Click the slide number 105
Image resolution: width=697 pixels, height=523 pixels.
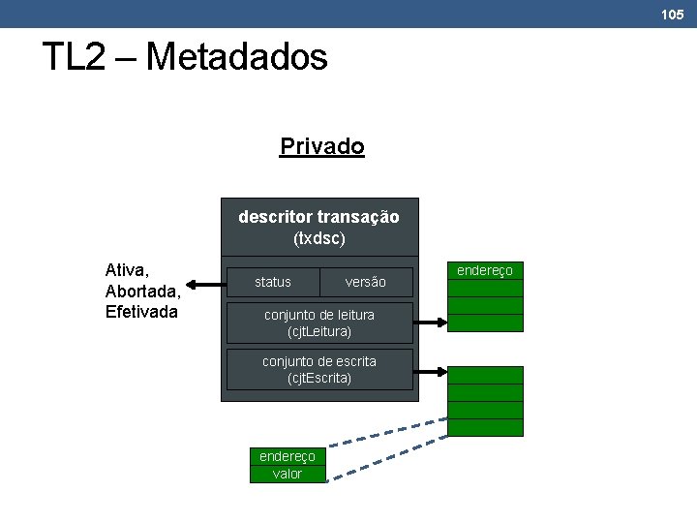pyautogui.click(x=672, y=15)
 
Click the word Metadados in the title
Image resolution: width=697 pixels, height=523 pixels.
pyautogui.click(x=236, y=57)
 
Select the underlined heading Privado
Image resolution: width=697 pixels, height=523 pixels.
pyautogui.click(x=321, y=147)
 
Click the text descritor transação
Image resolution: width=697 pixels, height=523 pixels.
pyautogui.click(x=318, y=216)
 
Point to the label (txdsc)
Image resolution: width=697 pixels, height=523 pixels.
pyautogui.click(x=318, y=237)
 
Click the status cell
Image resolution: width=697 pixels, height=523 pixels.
pyautogui.click(x=273, y=282)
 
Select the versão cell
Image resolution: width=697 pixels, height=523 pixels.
pyautogui.click(x=365, y=282)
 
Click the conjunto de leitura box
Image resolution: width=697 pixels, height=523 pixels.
pyautogui.click(x=319, y=323)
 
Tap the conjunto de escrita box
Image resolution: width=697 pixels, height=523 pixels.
pyautogui.click(x=319, y=369)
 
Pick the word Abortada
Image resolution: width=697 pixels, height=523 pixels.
pyautogui.click(x=141, y=292)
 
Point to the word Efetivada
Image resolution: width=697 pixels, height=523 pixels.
pyautogui.click(x=141, y=312)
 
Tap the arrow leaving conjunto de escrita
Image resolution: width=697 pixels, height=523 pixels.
pyautogui.click(x=431, y=371)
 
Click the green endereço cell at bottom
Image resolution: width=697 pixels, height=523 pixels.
pyautogui.click(x=288, y=456)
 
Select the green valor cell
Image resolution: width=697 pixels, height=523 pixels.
pyautogui.click(x=288, y=474)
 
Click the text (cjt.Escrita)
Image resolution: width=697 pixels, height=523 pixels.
pyautogui.click(x=319, y=378)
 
